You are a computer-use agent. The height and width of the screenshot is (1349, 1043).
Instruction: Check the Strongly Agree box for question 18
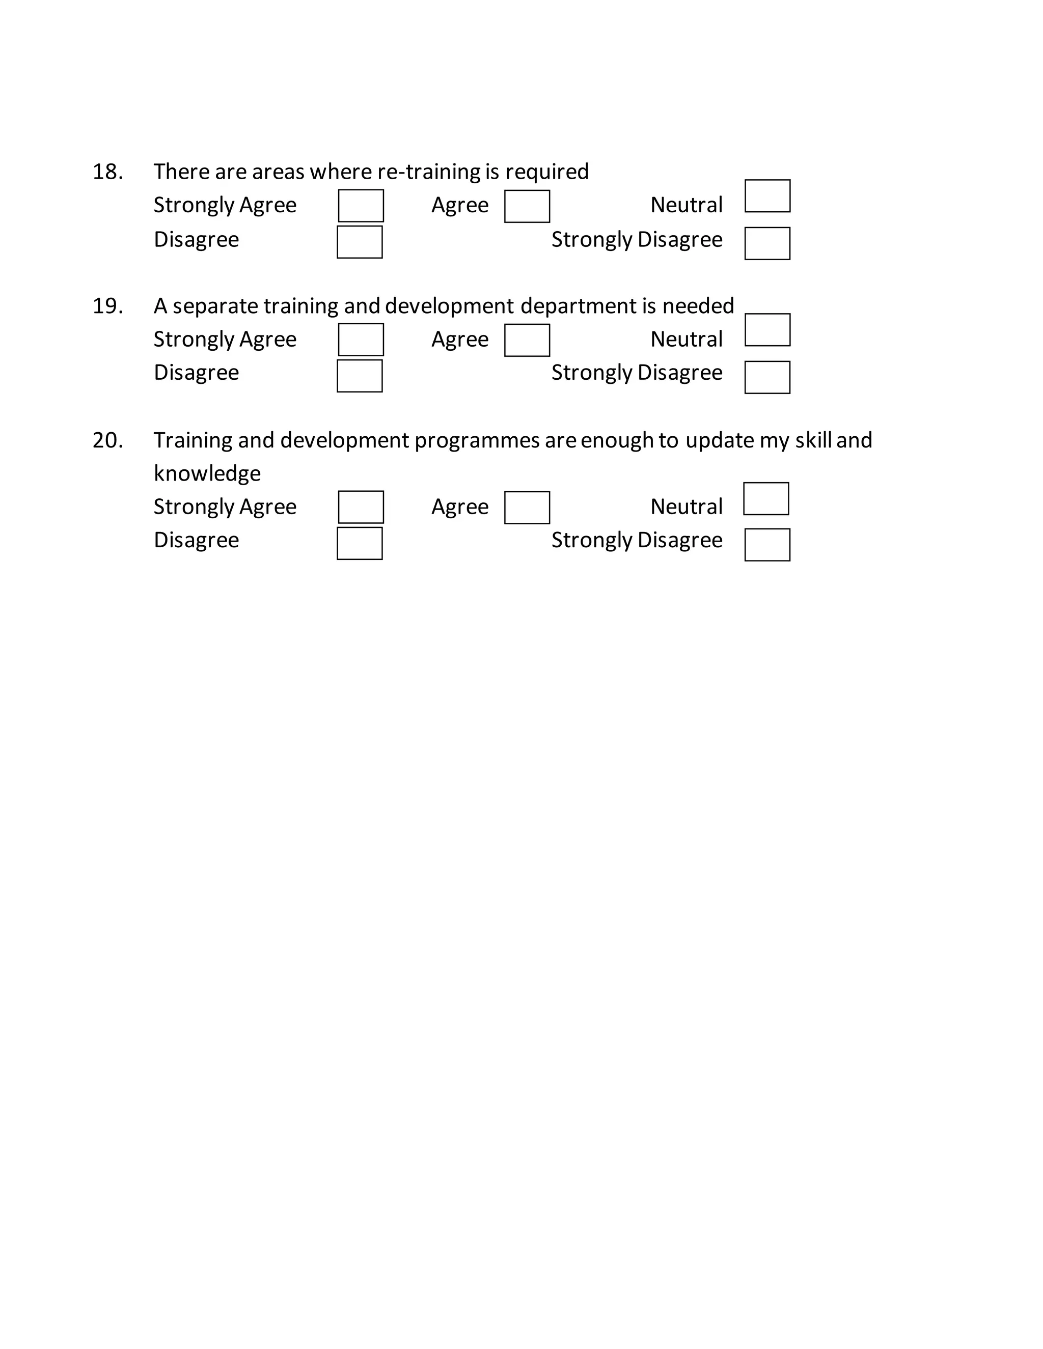361,206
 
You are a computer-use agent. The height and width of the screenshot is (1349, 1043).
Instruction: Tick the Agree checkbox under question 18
527,206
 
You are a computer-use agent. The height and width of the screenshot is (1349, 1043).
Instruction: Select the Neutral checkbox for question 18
767,196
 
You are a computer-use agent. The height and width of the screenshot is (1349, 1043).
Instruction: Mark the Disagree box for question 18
360,242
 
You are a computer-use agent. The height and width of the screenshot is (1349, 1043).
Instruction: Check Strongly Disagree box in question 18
767,243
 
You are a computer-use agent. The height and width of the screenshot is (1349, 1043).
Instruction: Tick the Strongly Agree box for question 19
361,340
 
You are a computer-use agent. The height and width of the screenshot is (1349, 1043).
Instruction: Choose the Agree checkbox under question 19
527,341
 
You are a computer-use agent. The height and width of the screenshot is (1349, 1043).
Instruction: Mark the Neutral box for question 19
767,330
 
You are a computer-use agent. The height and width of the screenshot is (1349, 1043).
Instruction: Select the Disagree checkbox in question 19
360,376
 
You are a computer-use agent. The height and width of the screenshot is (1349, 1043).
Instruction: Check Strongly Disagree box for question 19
767,377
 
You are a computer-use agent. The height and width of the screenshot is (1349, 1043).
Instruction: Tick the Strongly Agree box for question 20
361,507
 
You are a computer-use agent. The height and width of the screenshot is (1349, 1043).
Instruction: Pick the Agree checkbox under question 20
527,508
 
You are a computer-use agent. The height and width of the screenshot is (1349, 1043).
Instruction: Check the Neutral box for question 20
766,498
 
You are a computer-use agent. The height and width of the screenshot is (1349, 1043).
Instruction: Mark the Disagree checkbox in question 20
360,544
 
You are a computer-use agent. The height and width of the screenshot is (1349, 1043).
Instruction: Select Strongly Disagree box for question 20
767,545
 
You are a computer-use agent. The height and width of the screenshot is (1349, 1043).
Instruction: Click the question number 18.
107,172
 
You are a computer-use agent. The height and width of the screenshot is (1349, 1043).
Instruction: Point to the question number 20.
107,440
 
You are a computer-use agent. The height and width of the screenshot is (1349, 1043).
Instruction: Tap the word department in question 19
578,306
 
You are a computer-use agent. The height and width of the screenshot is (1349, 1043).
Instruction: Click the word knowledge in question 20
207,474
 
